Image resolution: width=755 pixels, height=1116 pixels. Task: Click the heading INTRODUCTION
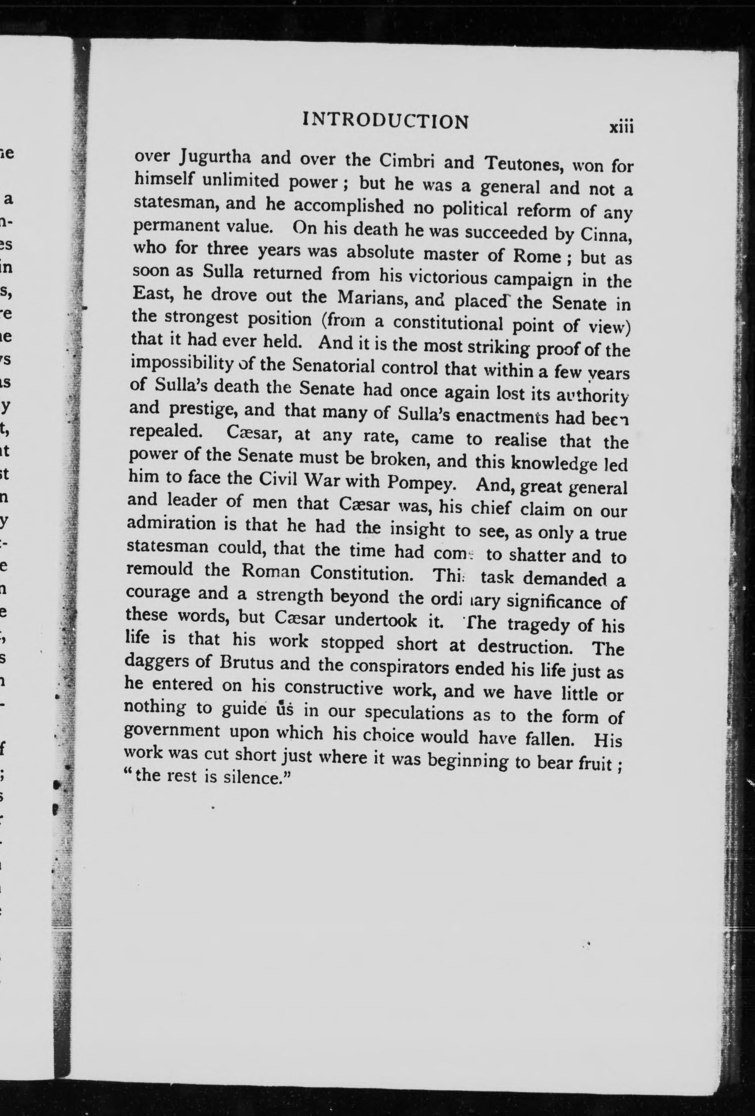[386, 121]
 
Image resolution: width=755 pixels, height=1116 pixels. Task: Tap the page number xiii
[622, 128]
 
